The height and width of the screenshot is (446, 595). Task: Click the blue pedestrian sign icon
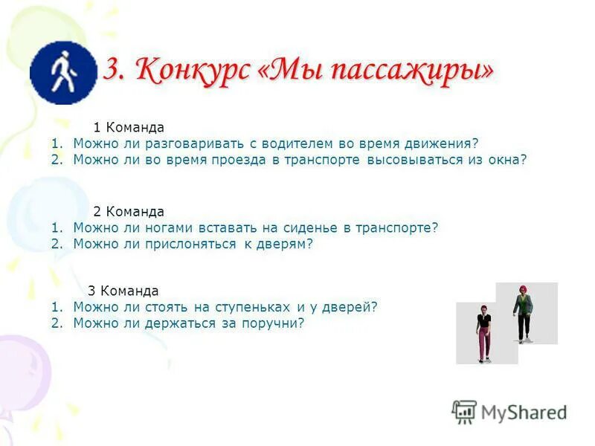click(x=62, y=72)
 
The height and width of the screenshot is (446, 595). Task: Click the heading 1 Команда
click(x=129, y=128)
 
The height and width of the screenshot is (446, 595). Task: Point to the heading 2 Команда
click(x=129, y=212)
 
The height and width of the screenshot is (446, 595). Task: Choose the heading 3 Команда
click(x=123, y=291)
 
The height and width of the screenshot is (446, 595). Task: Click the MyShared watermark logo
click(x=510, y=412)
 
